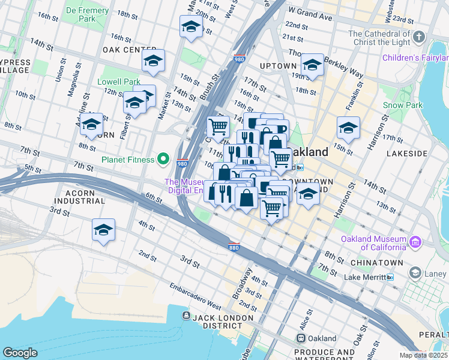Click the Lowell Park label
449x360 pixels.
[119, 82]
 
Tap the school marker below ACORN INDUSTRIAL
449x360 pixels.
[103, 230]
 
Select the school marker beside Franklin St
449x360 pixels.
[348, 128]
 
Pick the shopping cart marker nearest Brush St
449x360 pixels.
[217, 127]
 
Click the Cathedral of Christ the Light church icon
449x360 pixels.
[418, 38]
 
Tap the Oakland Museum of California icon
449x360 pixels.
[415, 242]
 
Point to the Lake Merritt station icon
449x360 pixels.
[390, 277]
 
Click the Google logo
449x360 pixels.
[20, 352]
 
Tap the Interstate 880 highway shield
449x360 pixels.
[235, 247]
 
